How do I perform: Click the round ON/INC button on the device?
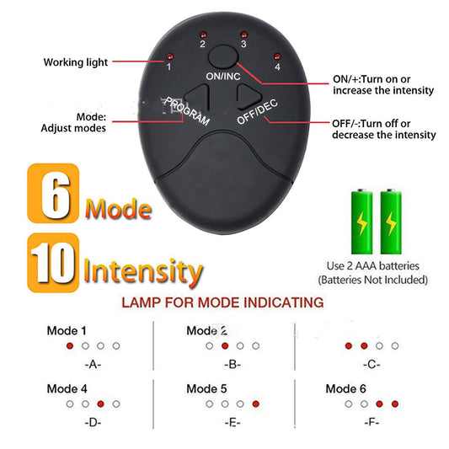[222, 57]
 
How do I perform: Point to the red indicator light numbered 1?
[169, 57]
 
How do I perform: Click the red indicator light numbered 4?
[276, 57]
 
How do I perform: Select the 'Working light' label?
[75, 62]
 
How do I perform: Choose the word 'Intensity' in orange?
[142, 271]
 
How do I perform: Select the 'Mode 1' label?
[67, 330]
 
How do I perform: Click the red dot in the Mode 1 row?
[70, 346]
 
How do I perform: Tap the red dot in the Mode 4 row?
[101, 404]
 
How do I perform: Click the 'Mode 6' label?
[346, 388]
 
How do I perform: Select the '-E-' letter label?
[233, 422]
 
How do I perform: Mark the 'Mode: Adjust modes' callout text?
[74, 123]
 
